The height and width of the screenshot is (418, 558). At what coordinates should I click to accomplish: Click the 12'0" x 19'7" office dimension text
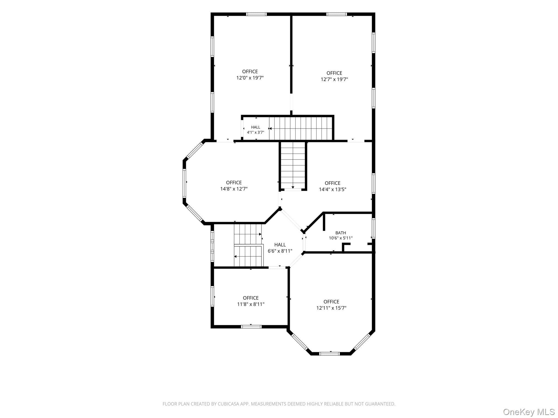[x=250, y=78]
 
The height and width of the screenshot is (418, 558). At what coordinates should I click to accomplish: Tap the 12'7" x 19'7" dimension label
[x=334, y=79]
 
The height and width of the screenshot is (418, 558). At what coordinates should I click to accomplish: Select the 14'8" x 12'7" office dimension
[x=234, y=189]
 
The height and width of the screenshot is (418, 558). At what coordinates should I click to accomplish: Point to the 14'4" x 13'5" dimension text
[x=332, y=189]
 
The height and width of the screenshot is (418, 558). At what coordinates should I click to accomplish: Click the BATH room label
[x=341, y=233]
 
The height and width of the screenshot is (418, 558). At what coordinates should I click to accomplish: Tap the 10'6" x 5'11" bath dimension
[x=341, y=238]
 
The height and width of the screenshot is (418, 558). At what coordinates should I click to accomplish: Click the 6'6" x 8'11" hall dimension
[x=280, y=251]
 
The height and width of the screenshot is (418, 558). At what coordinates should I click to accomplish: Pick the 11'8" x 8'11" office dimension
[x=251, y=304]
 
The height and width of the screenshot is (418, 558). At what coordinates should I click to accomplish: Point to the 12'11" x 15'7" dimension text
[x=331, y=308]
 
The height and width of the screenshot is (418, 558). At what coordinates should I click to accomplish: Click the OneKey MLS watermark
[x=529, y=412]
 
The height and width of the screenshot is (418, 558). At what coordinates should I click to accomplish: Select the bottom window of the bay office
[x=330, y=354]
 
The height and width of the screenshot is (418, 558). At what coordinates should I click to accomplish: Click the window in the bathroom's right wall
[x=374, y=228]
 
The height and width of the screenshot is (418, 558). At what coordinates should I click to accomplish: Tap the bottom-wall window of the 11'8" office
[x=251, y=327]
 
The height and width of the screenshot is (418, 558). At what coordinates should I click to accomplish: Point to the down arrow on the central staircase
[x=293, y=187]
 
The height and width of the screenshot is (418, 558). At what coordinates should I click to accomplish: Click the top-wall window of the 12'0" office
[x=256, y=14]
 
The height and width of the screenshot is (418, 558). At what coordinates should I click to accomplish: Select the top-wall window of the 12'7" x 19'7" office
[x=336, y=14]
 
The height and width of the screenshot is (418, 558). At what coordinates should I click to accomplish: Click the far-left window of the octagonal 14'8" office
[x=184, y=183]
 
